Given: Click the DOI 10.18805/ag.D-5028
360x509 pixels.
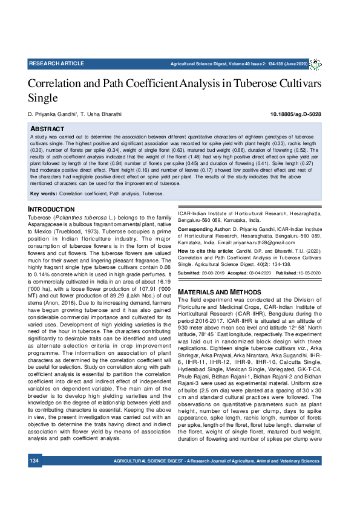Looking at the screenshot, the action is [296, 114].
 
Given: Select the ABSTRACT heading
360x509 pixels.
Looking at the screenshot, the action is [47, 129].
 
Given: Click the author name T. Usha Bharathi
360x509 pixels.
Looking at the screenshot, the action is [101, 114].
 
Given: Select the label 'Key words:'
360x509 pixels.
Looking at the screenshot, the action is [44, 194].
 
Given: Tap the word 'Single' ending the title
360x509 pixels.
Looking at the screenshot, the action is [43, 97].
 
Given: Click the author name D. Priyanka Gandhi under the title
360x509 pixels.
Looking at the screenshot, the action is [50, 114].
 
